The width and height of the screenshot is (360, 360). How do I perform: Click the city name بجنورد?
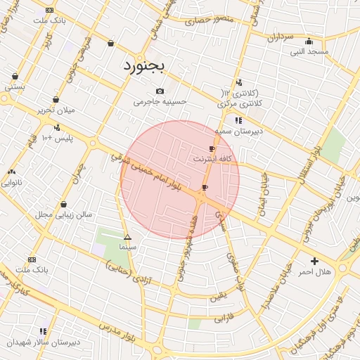pyautogui.click(x=143, y=65)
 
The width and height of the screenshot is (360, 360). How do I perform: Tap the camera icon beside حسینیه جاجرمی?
pyautogui.click(x=160, y=91)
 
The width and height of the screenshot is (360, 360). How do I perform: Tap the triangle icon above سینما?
pyautogui.click(x=127, y=237)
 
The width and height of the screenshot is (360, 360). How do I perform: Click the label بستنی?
pyautogui.click(x=15, y=87)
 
